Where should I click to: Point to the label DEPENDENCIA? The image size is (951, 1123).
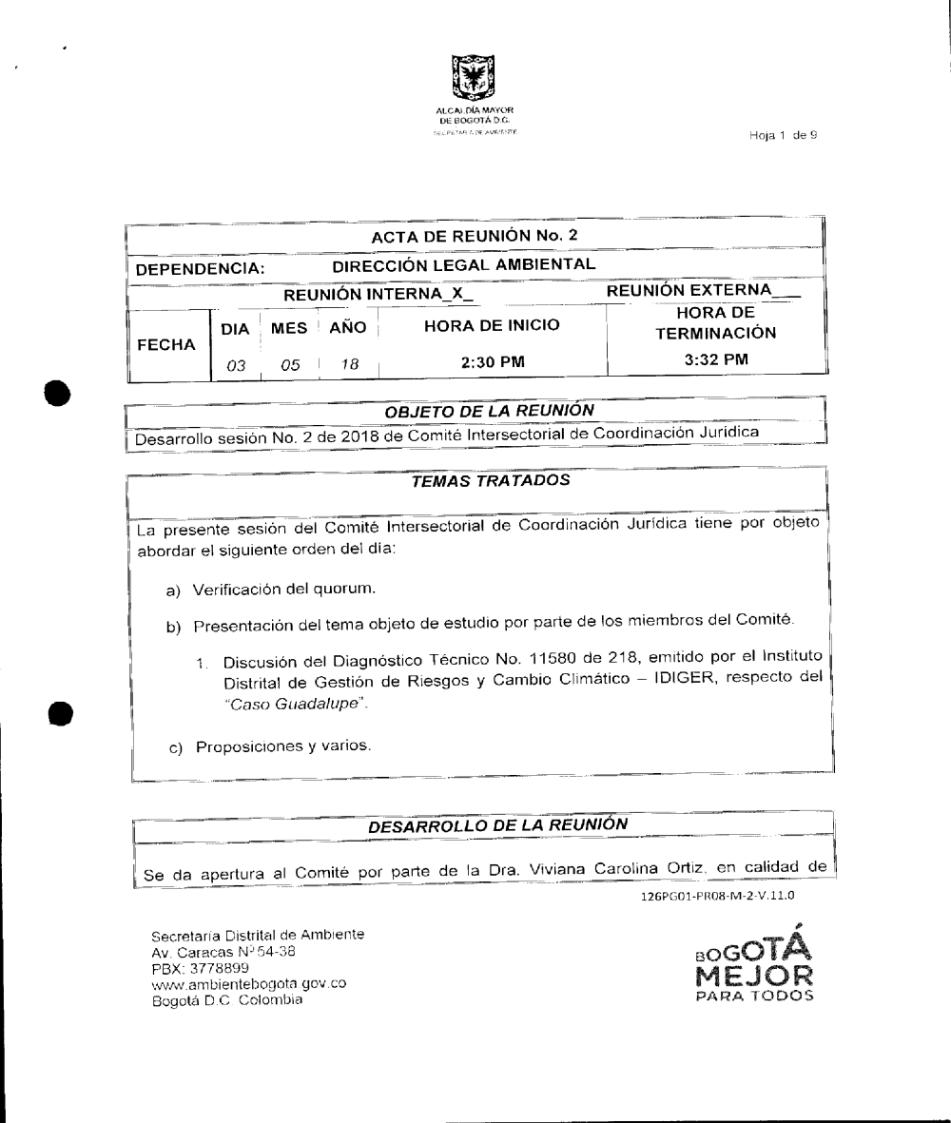[199, 270]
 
